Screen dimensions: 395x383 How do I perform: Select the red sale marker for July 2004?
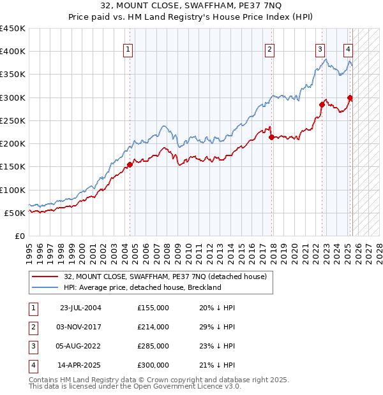[x=130, y=164]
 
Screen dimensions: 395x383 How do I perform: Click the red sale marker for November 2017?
[x=271, y=137]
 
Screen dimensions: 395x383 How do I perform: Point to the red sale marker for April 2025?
[x=350, y=97]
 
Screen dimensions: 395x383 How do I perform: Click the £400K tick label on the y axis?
[x=13, y=52]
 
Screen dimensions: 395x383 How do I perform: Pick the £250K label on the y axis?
[x=13, y=120]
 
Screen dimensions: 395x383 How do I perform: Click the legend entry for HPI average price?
[x=142, y=287]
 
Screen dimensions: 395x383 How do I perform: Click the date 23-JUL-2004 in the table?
[x=80, y=308]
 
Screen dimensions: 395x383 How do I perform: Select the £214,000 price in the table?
[x=153, y=327]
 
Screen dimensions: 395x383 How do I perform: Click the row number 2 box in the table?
[x=33, y=327]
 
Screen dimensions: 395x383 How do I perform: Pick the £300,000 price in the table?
[x=153, y=366]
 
